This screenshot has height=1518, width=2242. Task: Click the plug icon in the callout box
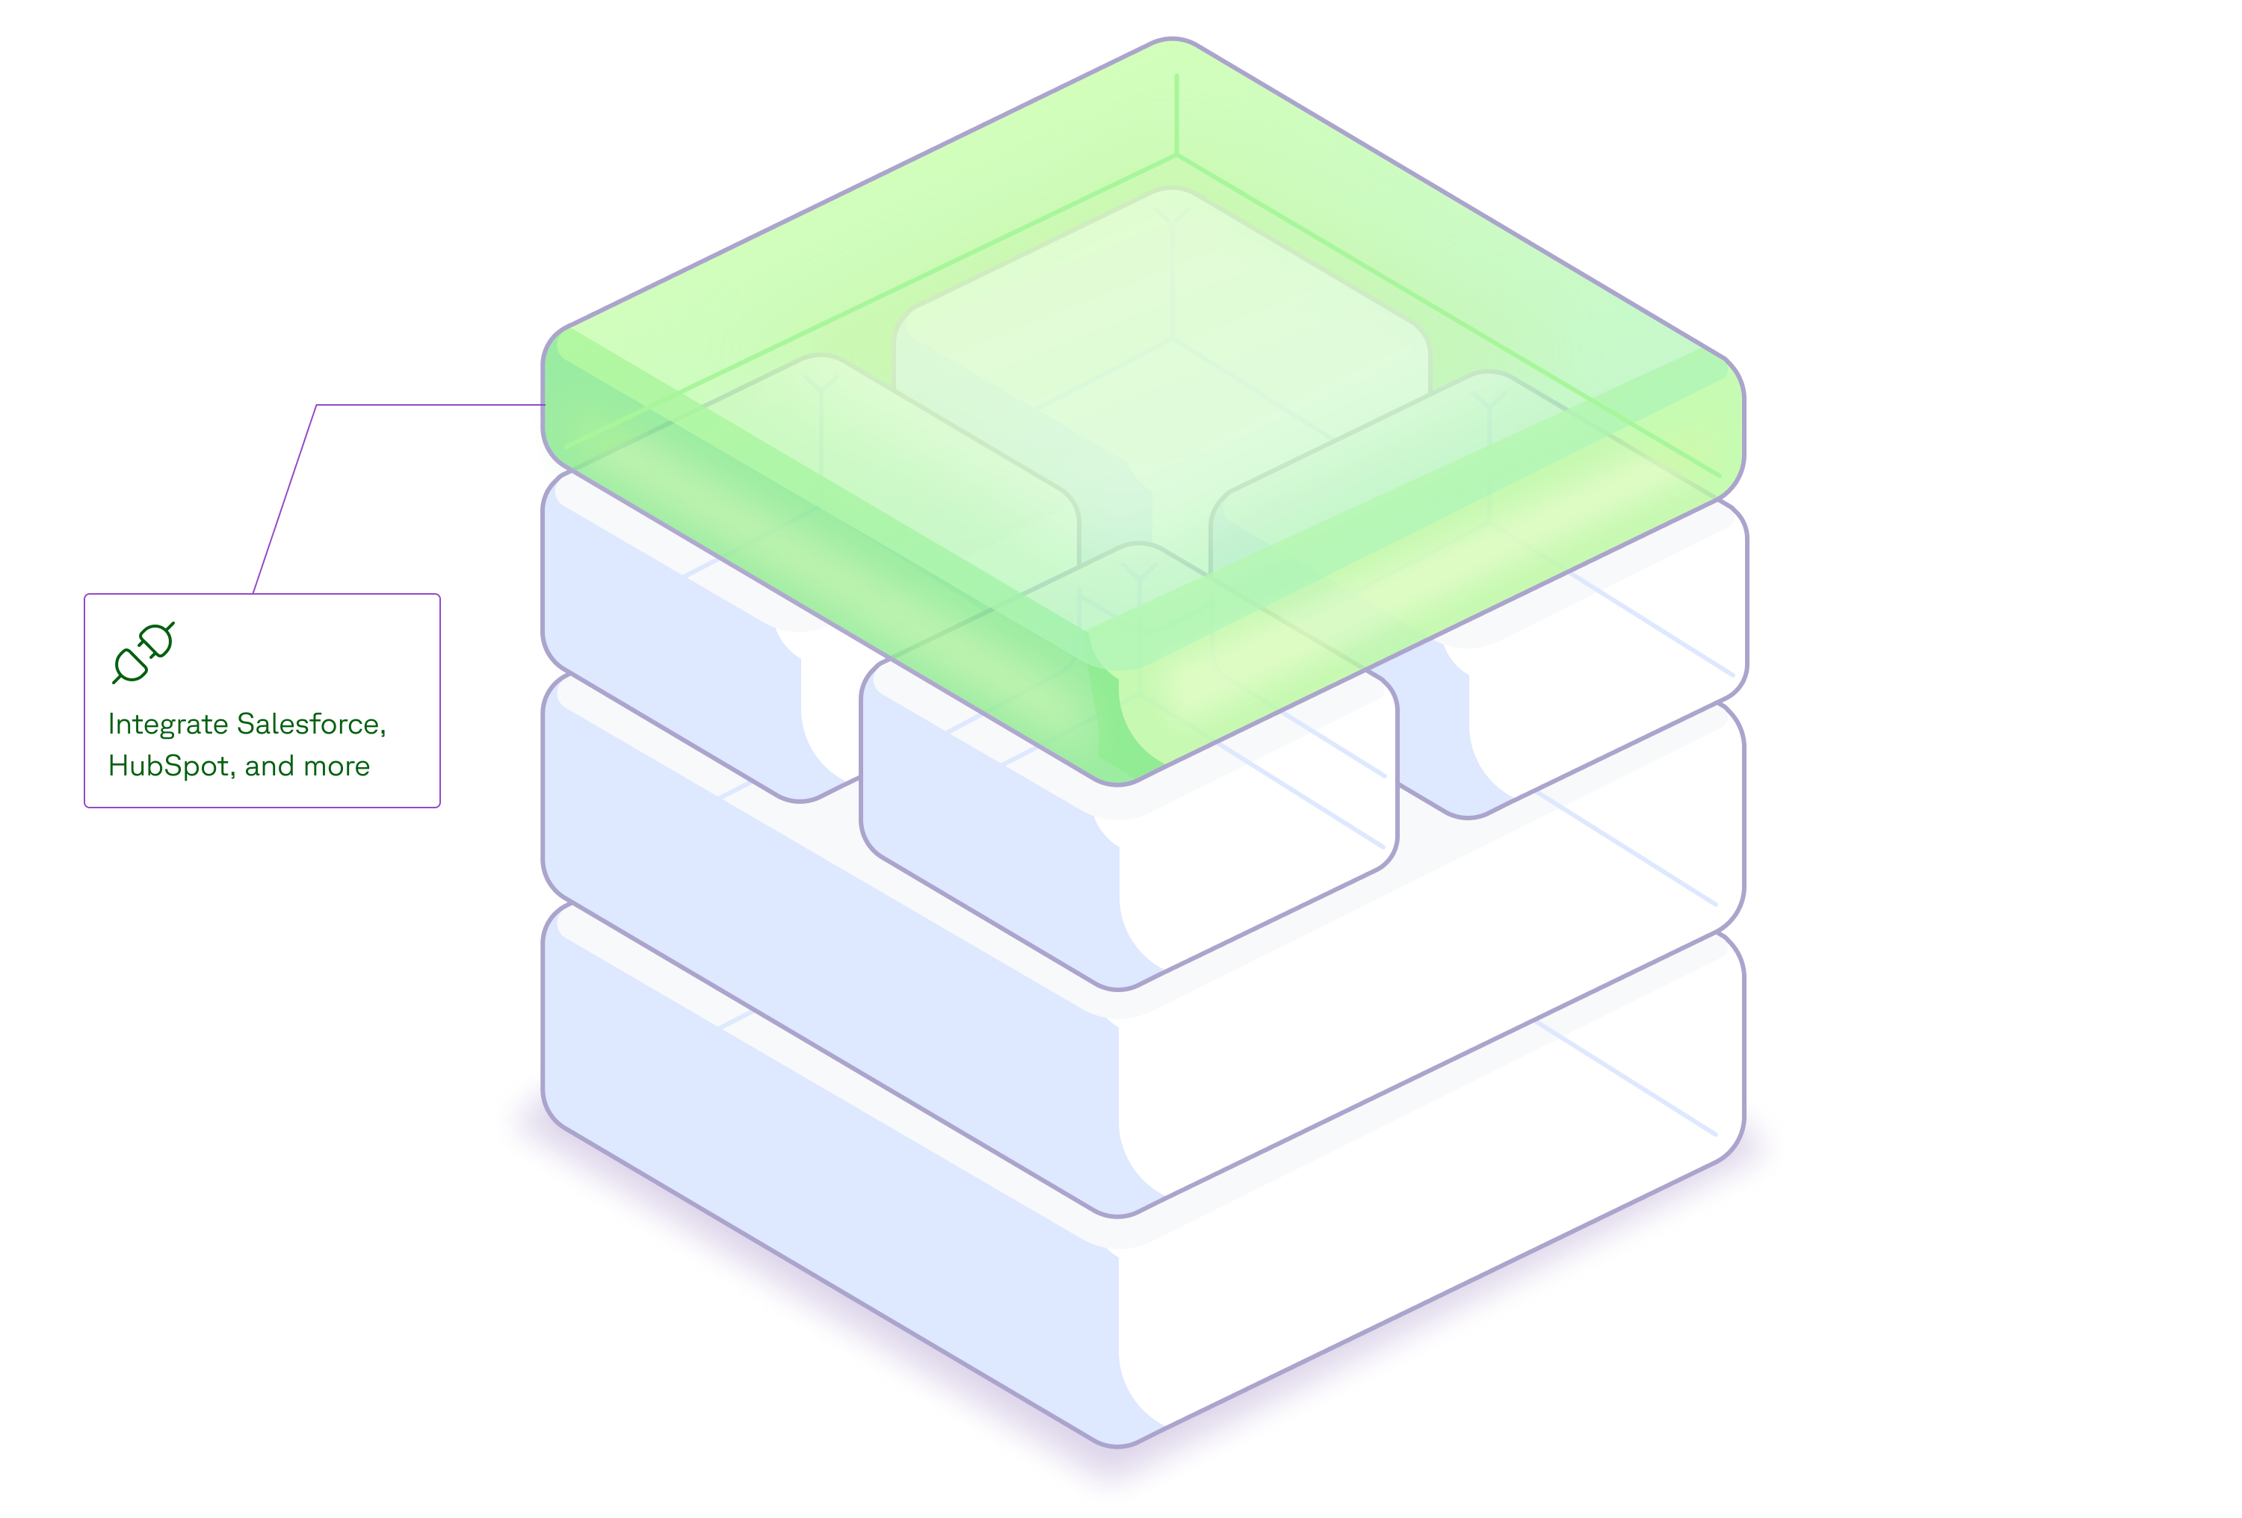point(143,654)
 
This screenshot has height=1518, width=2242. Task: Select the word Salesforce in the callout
point(309,725)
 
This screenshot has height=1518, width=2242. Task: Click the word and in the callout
point(269,766)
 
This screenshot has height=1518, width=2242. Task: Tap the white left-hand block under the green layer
point(676,675)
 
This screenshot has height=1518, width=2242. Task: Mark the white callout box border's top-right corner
point(439,595)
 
